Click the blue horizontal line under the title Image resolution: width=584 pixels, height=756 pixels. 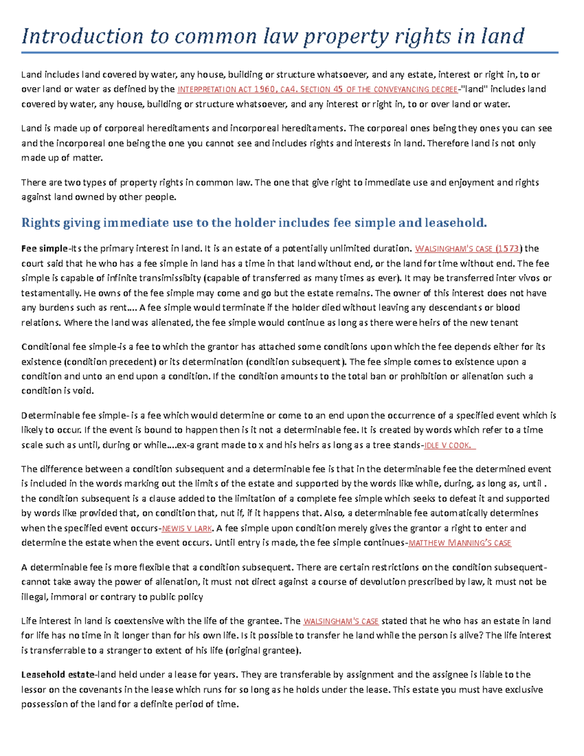point(290,53)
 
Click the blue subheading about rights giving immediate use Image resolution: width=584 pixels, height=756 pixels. point(254,223)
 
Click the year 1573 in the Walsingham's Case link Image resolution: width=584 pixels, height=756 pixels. point(508,249)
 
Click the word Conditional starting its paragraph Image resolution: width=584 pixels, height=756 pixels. point(46,347)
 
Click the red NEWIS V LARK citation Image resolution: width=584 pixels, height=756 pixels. point(186,529)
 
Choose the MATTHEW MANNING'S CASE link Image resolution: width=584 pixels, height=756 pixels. point(459,543)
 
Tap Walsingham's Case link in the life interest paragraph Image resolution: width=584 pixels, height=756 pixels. point(341,622)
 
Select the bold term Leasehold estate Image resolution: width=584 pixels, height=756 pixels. point(58,675)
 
